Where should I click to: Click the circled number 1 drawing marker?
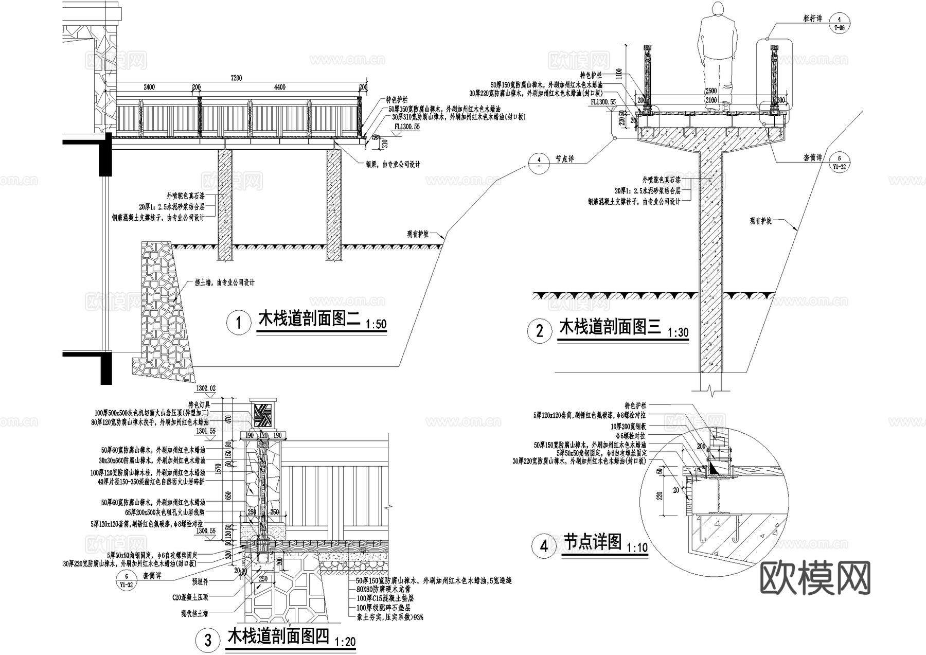[238, 323]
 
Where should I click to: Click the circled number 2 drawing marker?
[540, 331]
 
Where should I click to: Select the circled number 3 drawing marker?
[208, 640]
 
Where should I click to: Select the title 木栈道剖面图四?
[278, 636]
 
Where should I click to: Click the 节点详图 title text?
[593, 541]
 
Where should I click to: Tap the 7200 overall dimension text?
[236, 78]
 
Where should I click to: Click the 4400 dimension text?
[279, 87]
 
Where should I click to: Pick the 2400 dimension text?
[149, 87]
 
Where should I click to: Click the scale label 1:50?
[376, 325]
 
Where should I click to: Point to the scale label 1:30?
[678, 332]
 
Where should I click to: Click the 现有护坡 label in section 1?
[418, 234]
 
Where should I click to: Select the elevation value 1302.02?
[206, 388]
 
